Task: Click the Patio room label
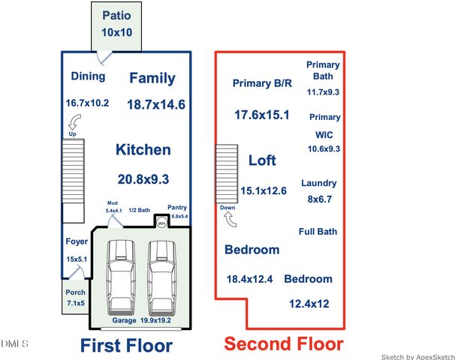(116, 16)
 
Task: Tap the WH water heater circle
(161, 223)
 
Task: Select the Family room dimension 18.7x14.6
(156, 104)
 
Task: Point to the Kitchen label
(143, 150)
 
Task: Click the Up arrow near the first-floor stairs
(74, 122)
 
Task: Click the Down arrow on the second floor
(231, 220)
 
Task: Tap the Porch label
(75, 292)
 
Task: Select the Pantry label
(177, 207)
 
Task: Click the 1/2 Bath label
(140, 210)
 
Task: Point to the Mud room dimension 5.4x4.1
(114, 210)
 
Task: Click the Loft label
(262, 160)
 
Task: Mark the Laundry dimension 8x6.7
(320, 199)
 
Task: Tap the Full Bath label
(318, 231)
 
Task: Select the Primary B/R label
(262, 83)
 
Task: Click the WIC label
(324, 135)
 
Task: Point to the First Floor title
(126, 346)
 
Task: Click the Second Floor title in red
(284, 343)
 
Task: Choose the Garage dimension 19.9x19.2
(155, 320)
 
